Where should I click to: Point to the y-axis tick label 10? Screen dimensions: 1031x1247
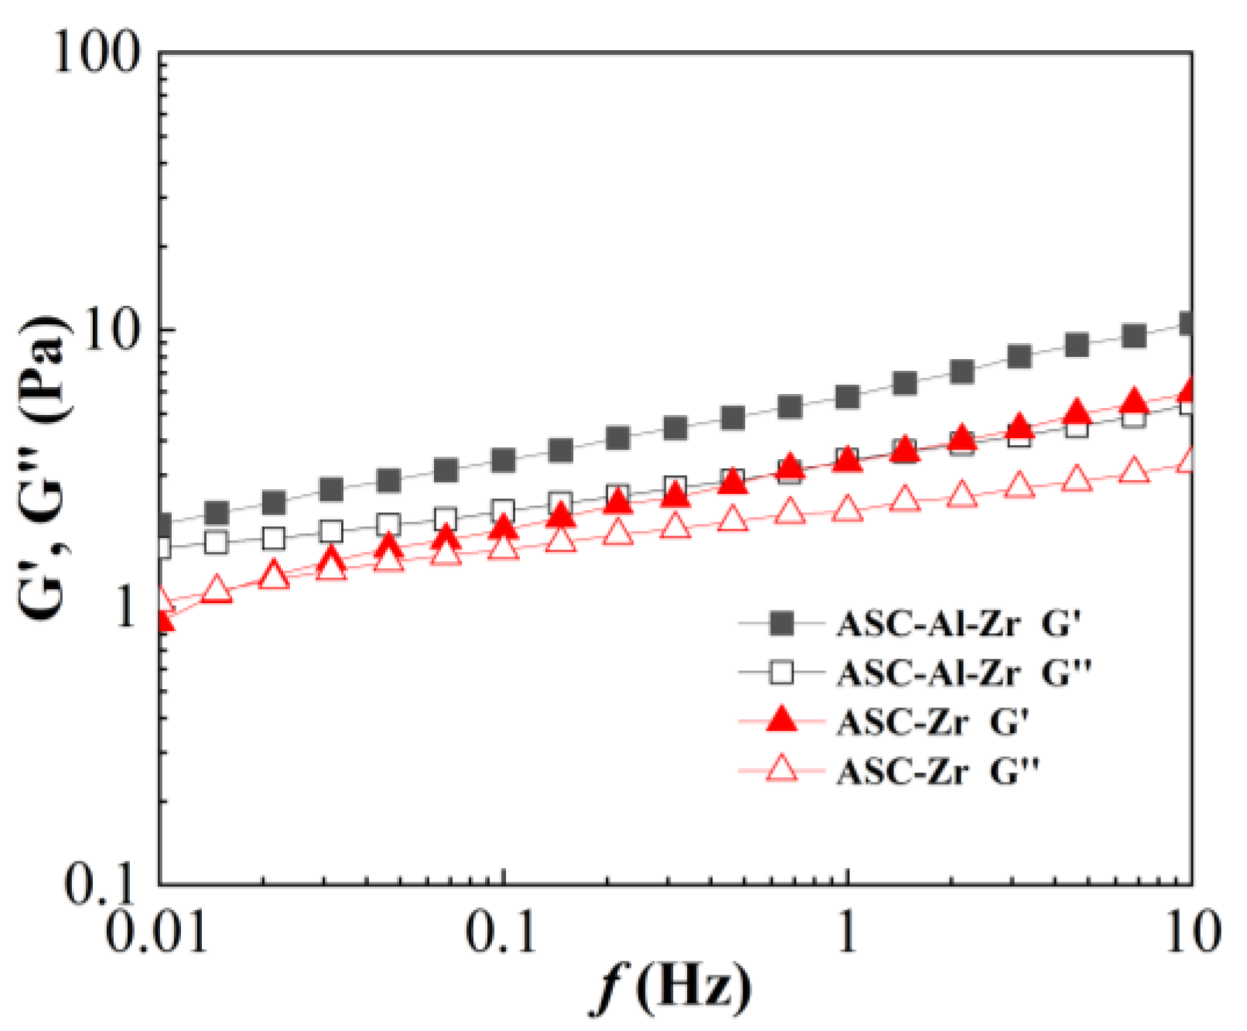pos(114,331)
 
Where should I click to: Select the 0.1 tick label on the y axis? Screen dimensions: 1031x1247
pos(100,882)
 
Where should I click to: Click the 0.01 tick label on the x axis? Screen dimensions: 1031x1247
pos(158,932)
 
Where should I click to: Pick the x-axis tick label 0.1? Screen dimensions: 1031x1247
pos(502,932)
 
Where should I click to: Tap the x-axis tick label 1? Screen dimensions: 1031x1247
pos(848,932)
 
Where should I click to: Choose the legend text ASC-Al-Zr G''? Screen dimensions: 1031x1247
pos(964,673)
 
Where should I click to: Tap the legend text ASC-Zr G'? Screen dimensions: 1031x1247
pos(932,722)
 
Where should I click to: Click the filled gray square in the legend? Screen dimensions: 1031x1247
pos(783,623)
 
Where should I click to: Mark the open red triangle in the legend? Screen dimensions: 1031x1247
pos(782,769)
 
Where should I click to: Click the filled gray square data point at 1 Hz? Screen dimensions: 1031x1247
pos(848,397)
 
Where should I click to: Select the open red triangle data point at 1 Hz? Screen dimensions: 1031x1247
pos(848,509)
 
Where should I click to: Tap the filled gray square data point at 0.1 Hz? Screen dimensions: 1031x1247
pos(504,461)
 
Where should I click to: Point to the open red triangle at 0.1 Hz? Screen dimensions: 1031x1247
pos(504,548)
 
